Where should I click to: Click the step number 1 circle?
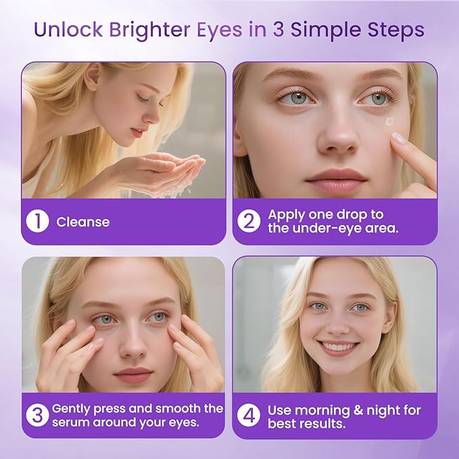pos(38,222)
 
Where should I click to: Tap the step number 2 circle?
pos(249,222)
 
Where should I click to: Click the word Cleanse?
pos(82,222)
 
